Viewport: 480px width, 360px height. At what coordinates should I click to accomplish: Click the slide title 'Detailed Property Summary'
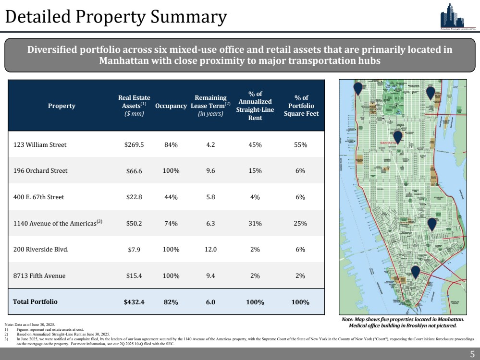click(116, 17)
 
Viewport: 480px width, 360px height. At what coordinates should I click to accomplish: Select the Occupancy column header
click(171, 106)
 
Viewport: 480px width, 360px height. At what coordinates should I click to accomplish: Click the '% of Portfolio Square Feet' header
click(301, 106)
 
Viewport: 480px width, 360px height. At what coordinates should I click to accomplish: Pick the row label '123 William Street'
click(40, 144)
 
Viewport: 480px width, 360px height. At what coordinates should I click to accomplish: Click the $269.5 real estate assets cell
click(133, 144)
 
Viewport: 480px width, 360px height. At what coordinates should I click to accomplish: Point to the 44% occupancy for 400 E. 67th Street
click(171, 197)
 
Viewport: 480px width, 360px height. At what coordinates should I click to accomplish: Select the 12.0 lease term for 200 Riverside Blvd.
click(210, 250)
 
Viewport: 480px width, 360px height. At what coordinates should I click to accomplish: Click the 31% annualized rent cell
click(255, 223)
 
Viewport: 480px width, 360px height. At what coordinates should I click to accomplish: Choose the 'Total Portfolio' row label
click(35, 302)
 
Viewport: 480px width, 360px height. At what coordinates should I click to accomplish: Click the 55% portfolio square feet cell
click(301, 144)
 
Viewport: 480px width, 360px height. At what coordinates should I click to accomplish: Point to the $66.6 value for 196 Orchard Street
click(134, 171)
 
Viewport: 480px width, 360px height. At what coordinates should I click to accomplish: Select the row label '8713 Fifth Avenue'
click(39, 276)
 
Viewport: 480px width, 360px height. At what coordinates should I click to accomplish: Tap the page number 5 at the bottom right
click(472, 354)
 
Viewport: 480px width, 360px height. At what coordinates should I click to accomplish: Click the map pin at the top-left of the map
click(357, 89)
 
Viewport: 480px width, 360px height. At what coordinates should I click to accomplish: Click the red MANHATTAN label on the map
click(391, 143)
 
